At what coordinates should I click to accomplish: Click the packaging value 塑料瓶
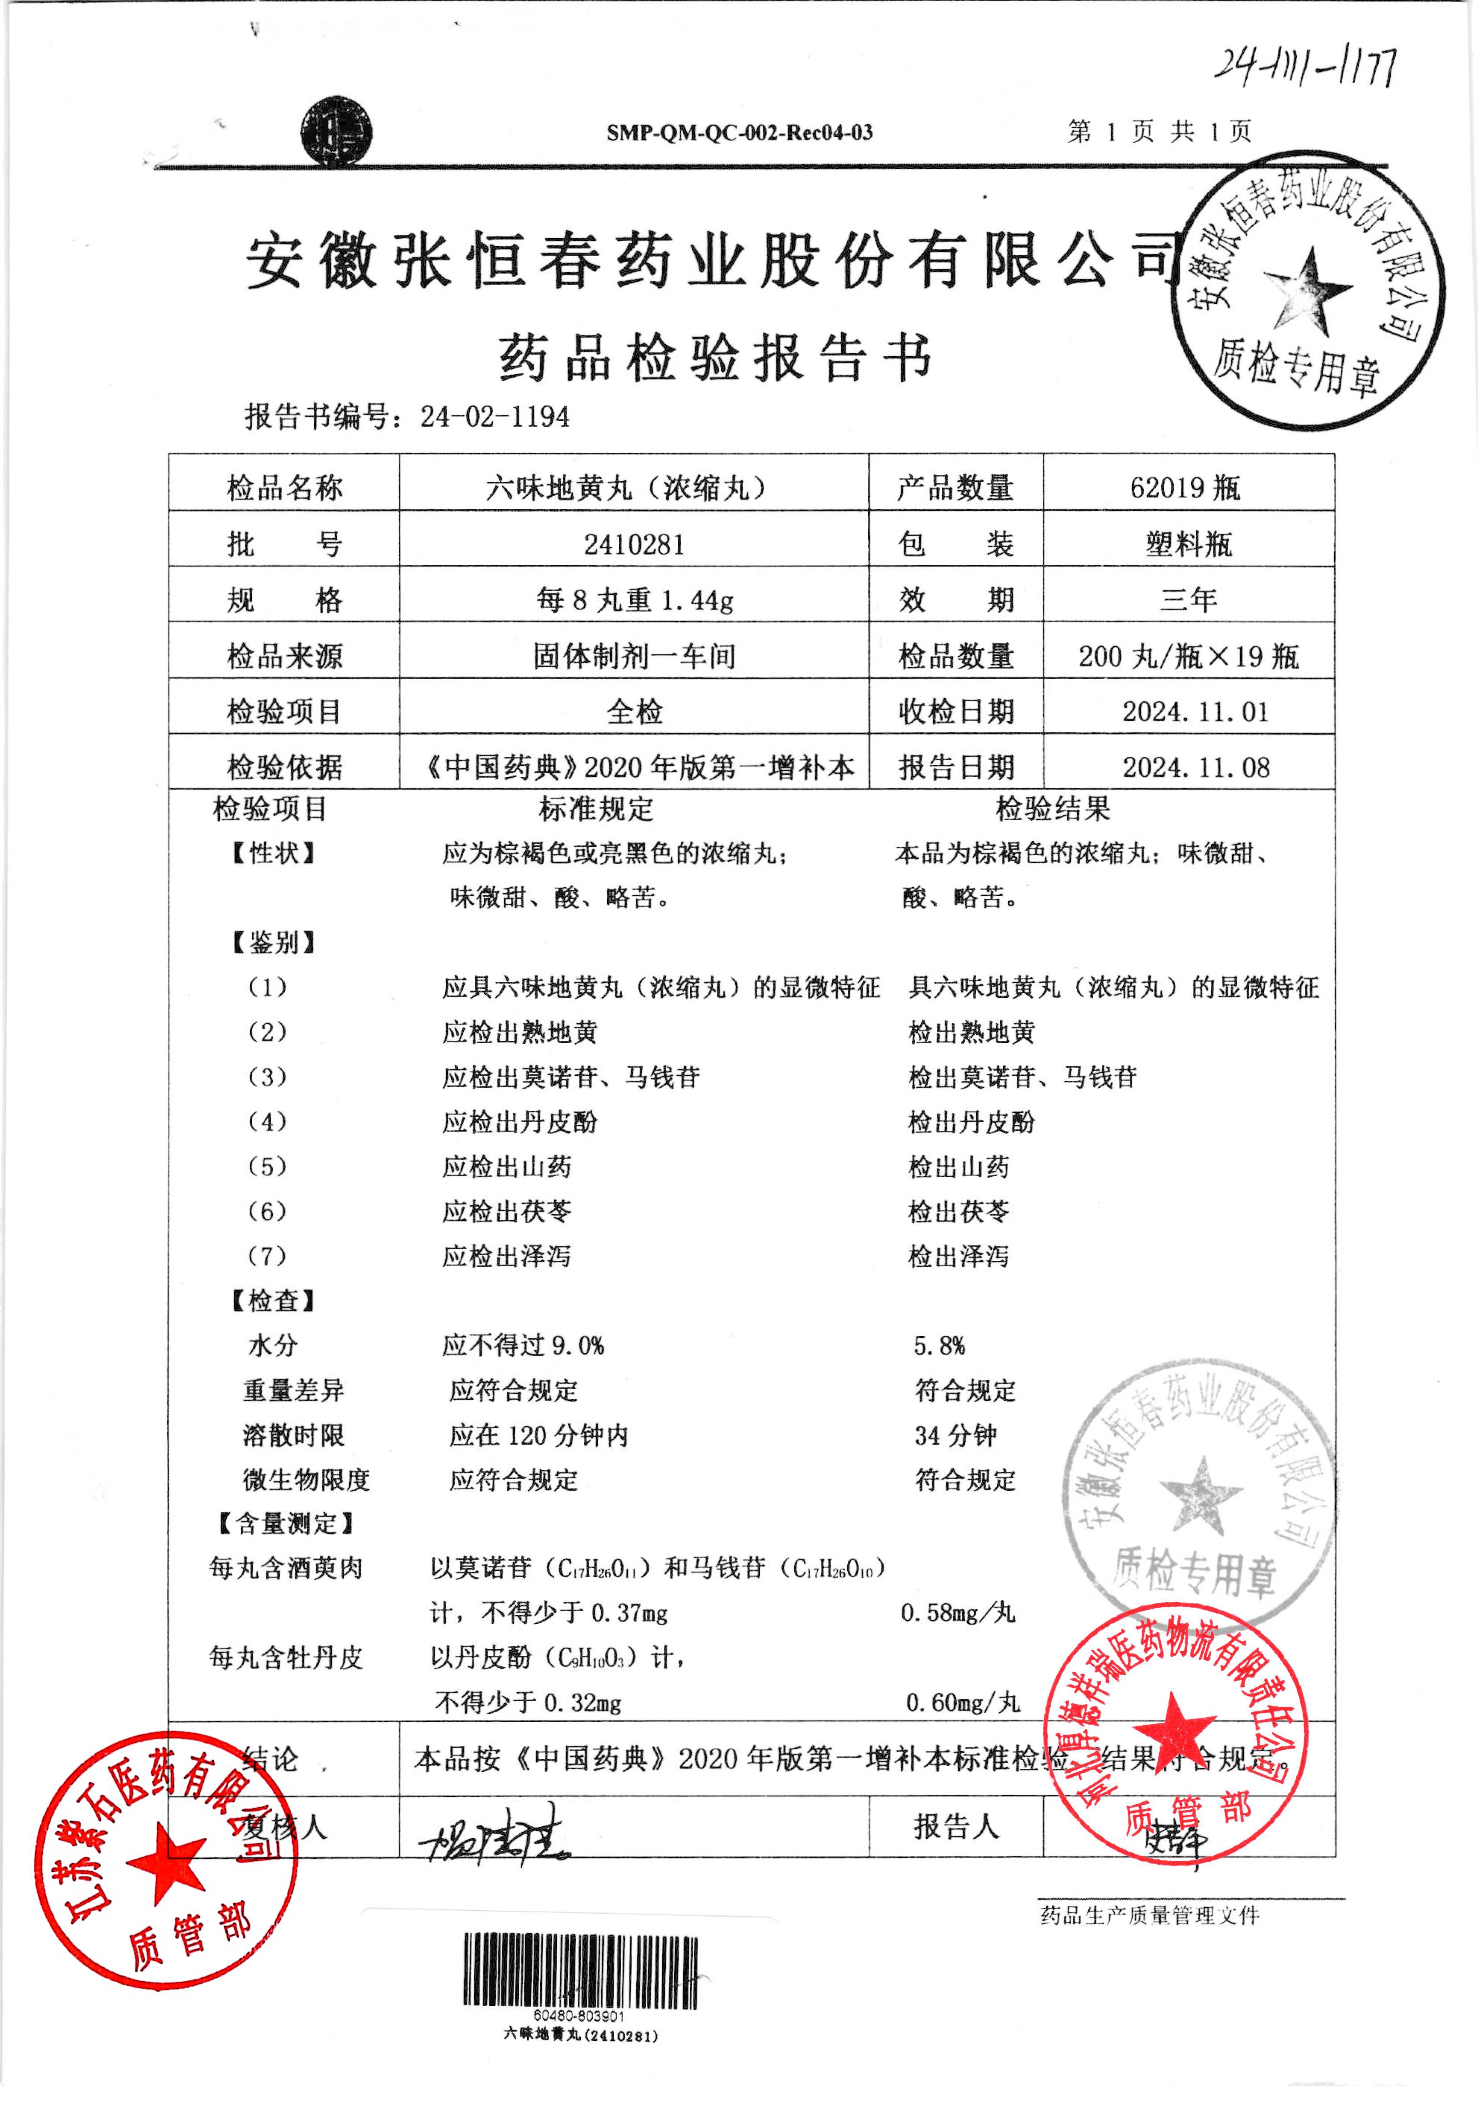click(x=1188, y=545)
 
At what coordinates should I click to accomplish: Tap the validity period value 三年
click(x=1188, y=600)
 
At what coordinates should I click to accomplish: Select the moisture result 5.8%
click(x=939, y=1345)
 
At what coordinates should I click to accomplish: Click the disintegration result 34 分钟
click(x=956, y=1435)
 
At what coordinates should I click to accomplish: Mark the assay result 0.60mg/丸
click(x=962, y=1702)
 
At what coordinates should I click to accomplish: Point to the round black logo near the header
click(x=337, y=132)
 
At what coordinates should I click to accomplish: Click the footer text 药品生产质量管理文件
click(x=1149, y=1915)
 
